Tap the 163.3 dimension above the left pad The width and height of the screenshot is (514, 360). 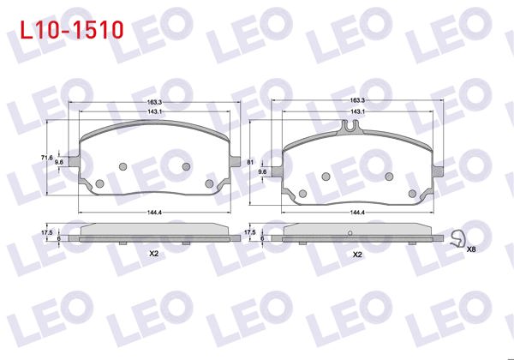[x=154, y=102]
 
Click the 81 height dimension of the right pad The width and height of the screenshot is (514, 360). [x=250, y=161]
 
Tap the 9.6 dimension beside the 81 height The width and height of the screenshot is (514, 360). [x=262, y=172]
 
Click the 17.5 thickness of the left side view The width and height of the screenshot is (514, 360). [x=47, y=232]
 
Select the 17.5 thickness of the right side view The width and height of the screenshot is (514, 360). [x=250, y=232]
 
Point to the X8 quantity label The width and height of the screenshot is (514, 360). [x=471, y=249]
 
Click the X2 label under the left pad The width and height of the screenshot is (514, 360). [x=154, y=255]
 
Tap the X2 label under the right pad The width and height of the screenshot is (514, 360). [x=357, y=255]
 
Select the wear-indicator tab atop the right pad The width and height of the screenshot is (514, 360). [x=350, y=129]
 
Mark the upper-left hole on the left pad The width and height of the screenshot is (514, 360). [x=122, y=166]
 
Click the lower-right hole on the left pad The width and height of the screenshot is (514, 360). [x=211, y=183]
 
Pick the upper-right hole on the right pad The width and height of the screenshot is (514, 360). [x=390, y=177]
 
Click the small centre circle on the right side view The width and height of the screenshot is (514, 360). [x=350, y=233]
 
